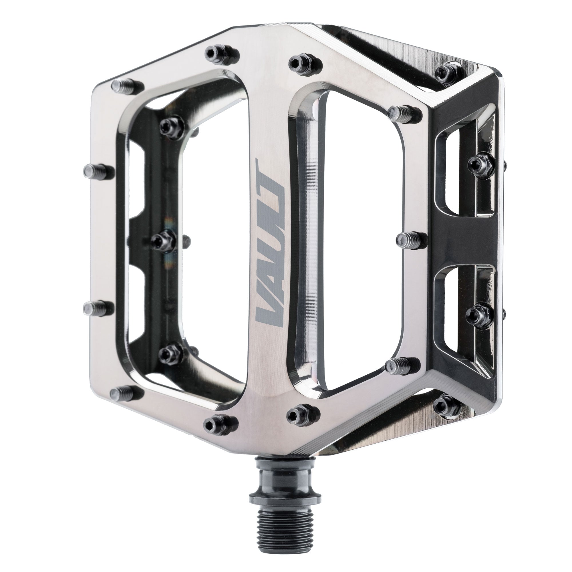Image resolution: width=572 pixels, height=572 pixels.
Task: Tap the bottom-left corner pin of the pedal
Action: click(126, 393)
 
